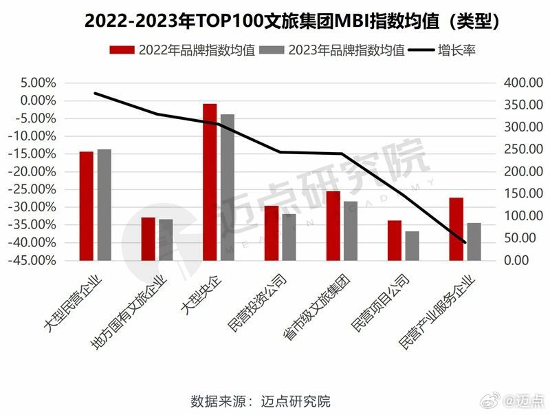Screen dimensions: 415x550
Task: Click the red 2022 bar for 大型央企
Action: (210, 182)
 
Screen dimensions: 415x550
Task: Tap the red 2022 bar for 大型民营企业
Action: (86, 206)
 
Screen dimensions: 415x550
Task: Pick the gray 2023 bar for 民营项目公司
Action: (412, 246)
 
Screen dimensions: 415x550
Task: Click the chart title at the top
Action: (275, 21)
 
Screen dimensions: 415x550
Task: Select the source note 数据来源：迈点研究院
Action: (261, 401)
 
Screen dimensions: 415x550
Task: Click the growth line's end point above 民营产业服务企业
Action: (465, 242)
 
